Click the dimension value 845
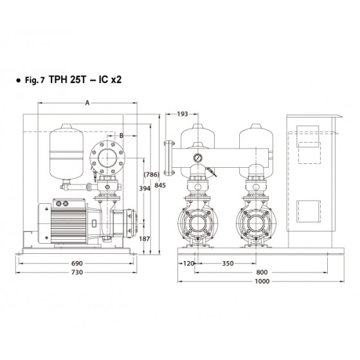[160, 185]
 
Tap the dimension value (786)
[151, 174]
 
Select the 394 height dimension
[145, 188]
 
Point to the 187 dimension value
[145, 239]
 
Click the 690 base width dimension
[77, 264]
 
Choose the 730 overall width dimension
[77, 273]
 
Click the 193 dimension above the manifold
[183, 114]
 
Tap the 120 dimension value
[189, 264]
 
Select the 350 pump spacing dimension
[228, 264]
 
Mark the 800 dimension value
[262, 273]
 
